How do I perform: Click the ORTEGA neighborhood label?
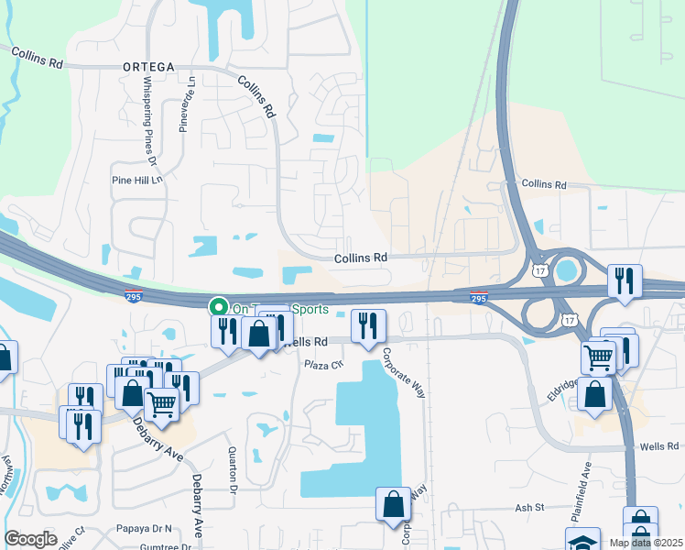pos(147,67)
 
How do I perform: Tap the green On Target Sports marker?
pos(218,307)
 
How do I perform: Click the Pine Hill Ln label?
pos(136,180)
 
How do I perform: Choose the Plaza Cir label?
pos(323,364)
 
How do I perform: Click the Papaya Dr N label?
pos(145,529)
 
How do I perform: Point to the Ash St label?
pos(529,507)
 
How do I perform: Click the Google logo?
pos(30,539)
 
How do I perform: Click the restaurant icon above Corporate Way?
pos(368,324)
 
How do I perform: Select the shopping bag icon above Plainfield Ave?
pos(595,393)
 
